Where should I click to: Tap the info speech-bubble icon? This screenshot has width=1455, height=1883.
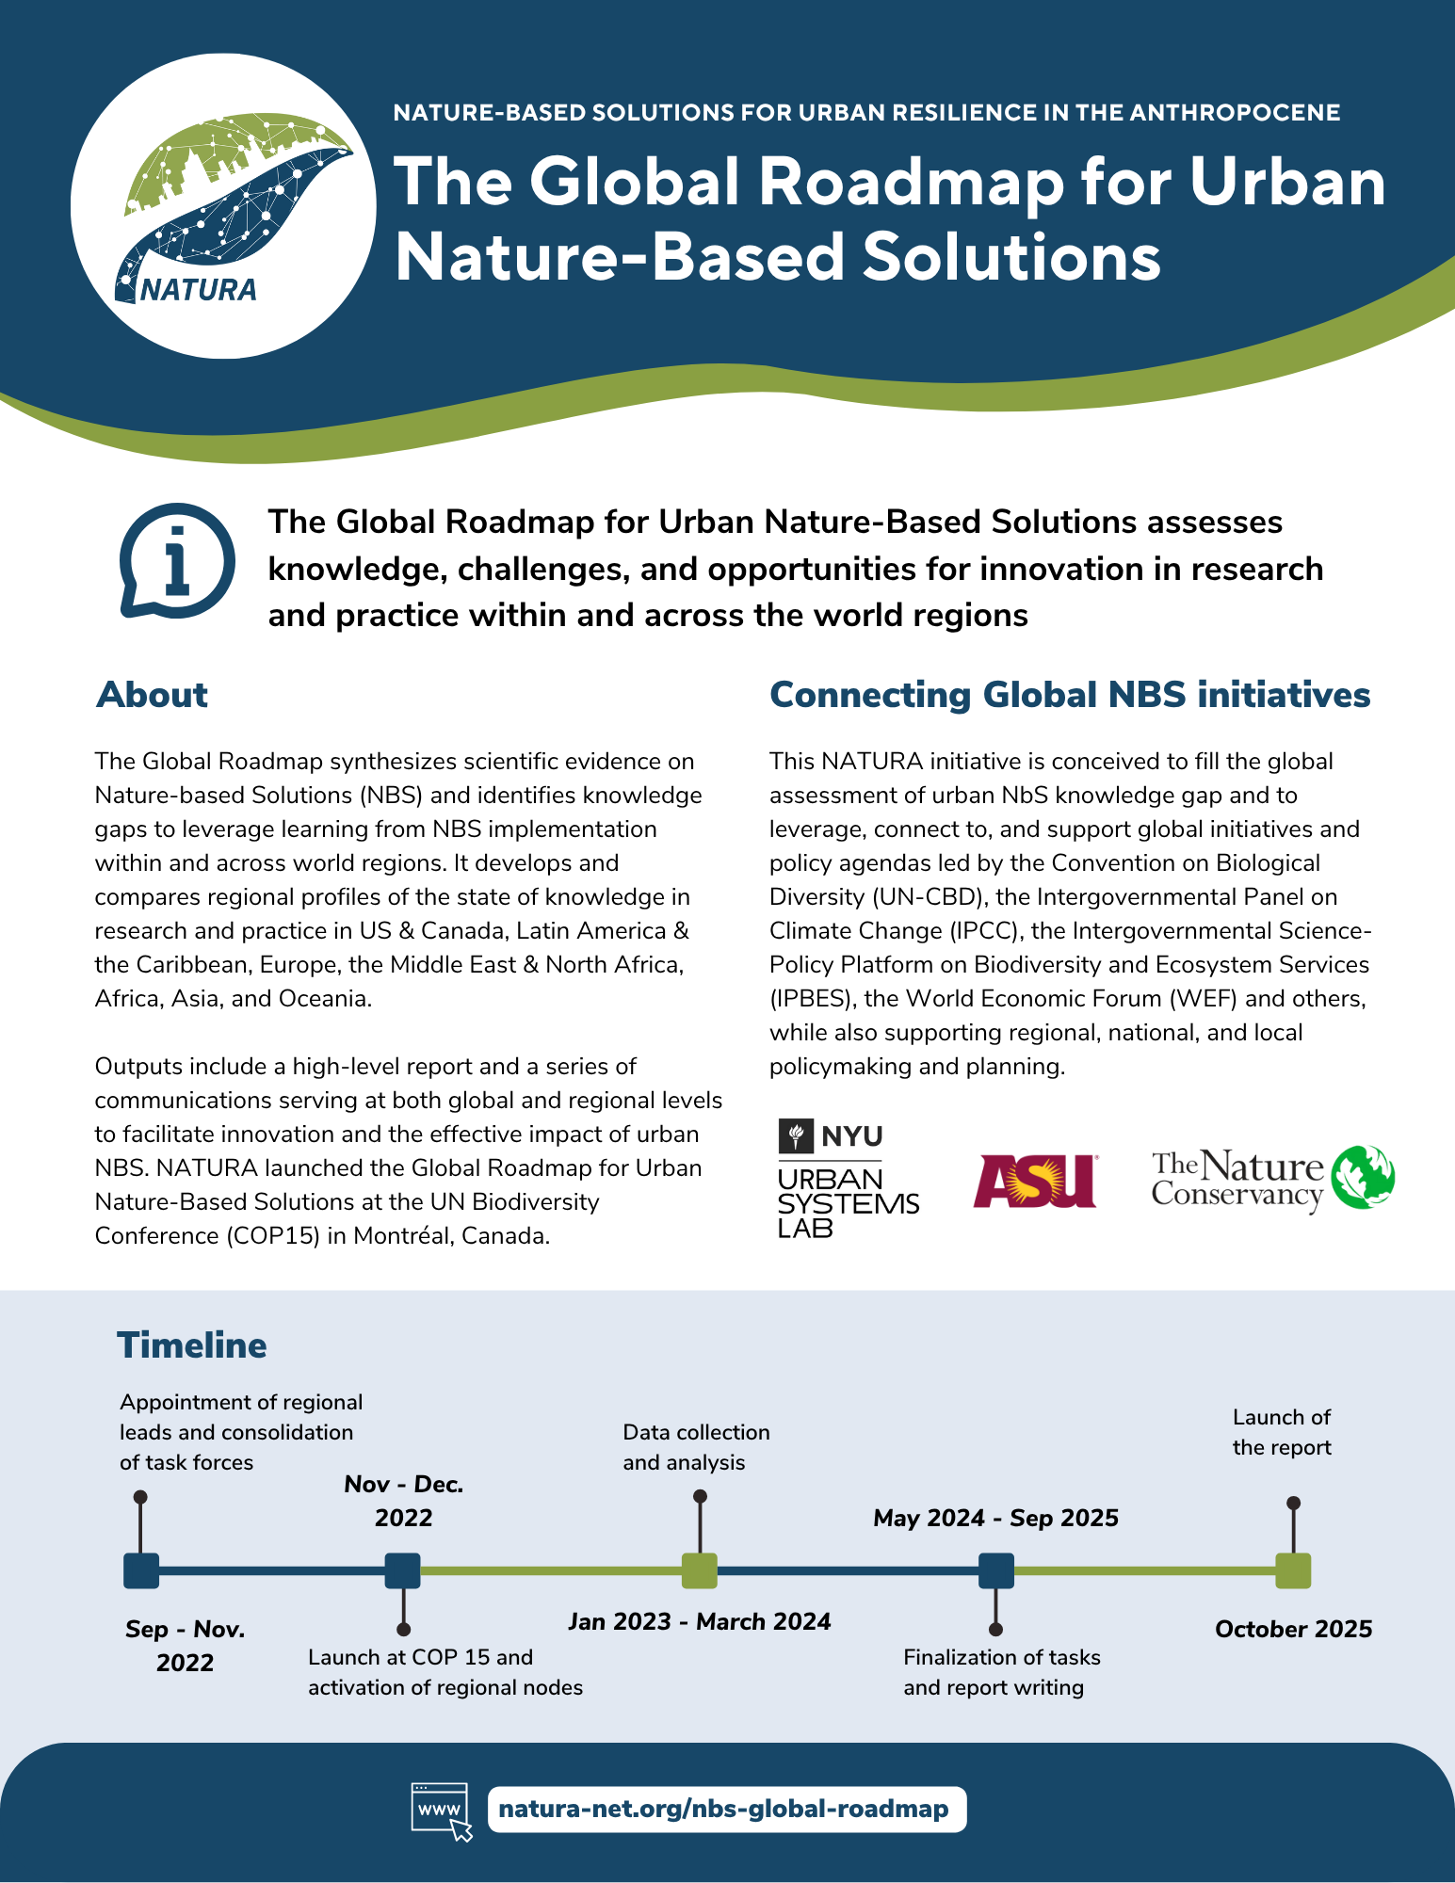(x=177, y=561)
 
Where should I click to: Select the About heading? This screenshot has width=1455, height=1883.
(x=152, y=695)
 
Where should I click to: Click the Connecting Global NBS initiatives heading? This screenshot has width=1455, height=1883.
(x=1070, y=695)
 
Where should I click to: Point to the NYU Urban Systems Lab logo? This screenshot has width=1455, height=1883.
(x=848, y=1179)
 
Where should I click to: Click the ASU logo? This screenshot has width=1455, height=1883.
(x=1036, y=1181)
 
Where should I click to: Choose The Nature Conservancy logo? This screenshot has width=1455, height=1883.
(x=1272, y=1178)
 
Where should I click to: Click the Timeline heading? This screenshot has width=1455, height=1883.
(x=192, y=1345)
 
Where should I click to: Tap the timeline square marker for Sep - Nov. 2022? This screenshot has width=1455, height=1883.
(x=141, y=1570)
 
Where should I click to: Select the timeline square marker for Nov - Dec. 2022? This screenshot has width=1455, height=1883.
(x=403, y=1570)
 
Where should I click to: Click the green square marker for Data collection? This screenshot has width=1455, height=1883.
(x=700, y=1570)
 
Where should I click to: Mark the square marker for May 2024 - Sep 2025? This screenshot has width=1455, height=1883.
(x=996, y=1570)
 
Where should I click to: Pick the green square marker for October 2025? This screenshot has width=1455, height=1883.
(x=1293, y=1570)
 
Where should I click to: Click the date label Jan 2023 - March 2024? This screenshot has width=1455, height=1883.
(x=700, y=1621)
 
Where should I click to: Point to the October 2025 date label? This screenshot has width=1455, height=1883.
(x=1293, y=1629)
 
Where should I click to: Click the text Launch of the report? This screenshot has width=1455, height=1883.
(x=1282, y=1432)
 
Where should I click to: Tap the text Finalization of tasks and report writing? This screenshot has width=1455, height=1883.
(x=1001, y=1672)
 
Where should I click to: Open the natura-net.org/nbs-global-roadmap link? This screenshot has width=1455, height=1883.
(x=723, y=1810)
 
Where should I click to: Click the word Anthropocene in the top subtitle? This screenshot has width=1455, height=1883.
(x=1234, y=113)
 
